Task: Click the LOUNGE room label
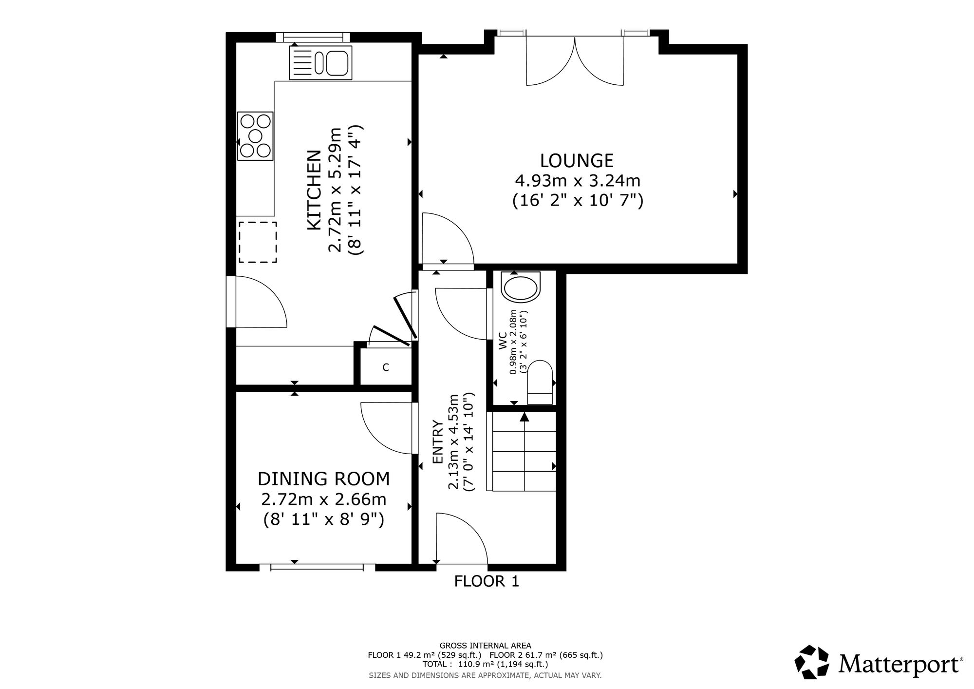(x=577, y=160)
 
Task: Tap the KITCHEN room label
(x=314, y=190)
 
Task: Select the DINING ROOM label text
(x=324, y=479)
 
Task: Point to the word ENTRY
(x=438, y=442)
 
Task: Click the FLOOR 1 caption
(x=487, y=581)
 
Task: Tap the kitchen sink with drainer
(x=320, y=62)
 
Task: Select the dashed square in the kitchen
(x=258, y=242)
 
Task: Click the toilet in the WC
(x=540, y=382)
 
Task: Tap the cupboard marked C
(x=386, y=367)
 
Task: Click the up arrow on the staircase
(x=524, y=417)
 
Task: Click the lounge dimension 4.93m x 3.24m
(x=578, y=181)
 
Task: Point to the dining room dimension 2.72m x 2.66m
(x=324, y=499)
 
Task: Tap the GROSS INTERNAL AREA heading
(x=486, y=646)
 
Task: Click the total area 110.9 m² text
(x=486, y=664)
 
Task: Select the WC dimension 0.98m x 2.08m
(x=513, y=342)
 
